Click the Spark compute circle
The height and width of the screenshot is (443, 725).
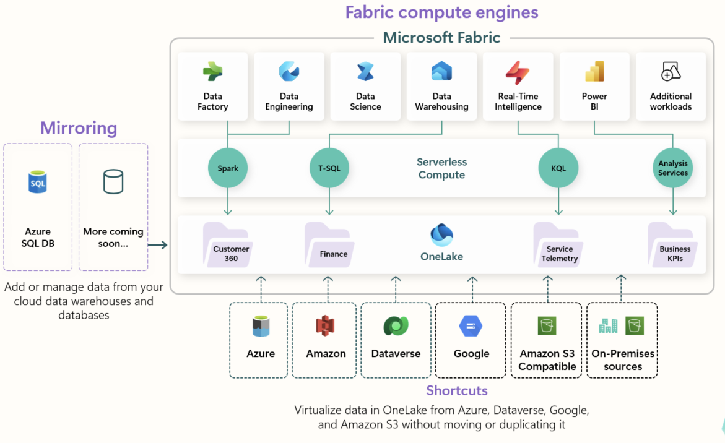tap(227, 168)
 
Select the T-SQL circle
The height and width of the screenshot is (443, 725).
tap(329, 168)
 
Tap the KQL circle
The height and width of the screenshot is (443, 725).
tap(558, 168)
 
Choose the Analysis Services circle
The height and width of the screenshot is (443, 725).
tap(673, 168)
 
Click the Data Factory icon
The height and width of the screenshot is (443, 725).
tap(213, 72)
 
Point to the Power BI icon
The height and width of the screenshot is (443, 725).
tap(594, 72)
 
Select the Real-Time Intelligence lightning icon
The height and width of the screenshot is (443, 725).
tap(518, 72)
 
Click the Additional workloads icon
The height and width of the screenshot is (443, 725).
tap(671, 72)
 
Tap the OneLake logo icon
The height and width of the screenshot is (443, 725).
tap(441, 234)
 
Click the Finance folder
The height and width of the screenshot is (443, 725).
tap(329, 245)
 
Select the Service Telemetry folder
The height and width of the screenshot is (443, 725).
tap(558, 245)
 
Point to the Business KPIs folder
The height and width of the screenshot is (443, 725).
tap(673, 245)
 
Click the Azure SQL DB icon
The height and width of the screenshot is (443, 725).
tap(37, 182)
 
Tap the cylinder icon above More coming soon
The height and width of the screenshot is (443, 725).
tap(113, 181)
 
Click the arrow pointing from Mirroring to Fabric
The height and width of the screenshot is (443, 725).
tap(158, 245)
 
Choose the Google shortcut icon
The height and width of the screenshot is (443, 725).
tap(471, 326)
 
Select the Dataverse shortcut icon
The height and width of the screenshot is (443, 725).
tap(396, 326)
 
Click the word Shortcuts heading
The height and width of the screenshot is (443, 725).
tap(457, 391)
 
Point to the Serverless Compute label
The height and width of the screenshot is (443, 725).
tap(441, 168)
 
